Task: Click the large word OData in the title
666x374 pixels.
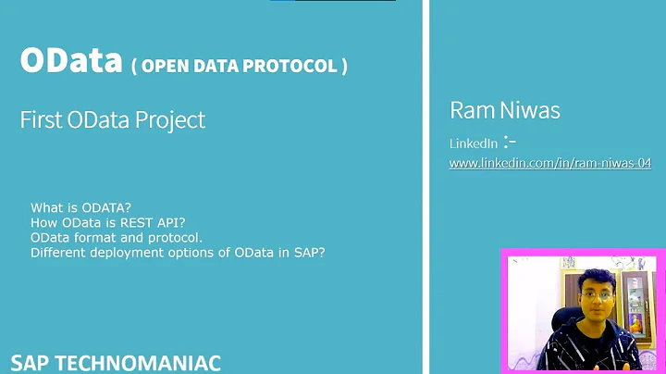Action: pos(72,61)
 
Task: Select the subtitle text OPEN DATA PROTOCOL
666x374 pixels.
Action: pos(240,67)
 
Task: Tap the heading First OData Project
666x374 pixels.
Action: pos(113,119)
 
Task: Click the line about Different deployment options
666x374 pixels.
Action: pos(178,252)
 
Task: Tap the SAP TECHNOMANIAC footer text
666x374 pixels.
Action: pos(116,362)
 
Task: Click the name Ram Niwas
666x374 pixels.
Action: pos(505,111)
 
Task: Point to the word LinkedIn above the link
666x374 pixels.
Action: pos(473,143)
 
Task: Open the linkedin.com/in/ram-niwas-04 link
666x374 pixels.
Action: pos(549,163)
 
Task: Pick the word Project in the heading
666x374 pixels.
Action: pos(173,119)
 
